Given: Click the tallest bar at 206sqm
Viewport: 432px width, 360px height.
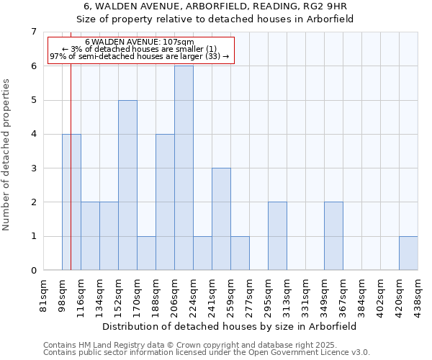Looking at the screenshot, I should tap(184, 168).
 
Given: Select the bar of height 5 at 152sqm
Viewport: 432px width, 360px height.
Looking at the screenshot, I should tap(127, 185).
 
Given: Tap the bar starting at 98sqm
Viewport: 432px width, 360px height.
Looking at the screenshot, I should tap(71, 202).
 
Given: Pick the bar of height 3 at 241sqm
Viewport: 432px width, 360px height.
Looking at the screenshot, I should tap(221, 219).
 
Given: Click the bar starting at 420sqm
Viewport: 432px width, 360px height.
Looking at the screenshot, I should tap(408, 253).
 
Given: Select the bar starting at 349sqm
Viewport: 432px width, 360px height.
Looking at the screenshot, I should tap(333, 236).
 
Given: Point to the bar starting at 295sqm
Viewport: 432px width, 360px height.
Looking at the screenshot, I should tap(277, 236).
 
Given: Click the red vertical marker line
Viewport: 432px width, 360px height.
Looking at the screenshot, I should tap(71, 180).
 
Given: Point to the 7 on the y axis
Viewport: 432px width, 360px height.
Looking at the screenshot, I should tap(33, 32).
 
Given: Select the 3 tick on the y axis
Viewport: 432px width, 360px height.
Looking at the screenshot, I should tap(33, 168).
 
